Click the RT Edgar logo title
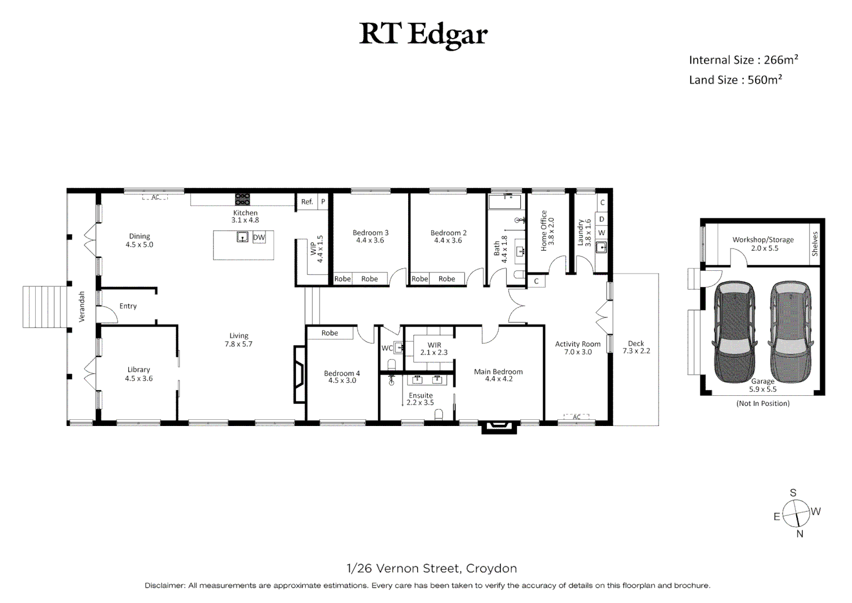(x=423, y=34)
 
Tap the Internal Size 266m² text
(x=743, y=60)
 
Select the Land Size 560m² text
(x=735, y=80)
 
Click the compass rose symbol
(x=796, y=513)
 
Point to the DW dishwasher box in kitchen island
(x=259, y=237)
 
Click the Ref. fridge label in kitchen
(x=307, y=202)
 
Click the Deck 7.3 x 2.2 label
(x=636, y=347)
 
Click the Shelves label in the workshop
(x=815, y=244)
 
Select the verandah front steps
(x=45, y=307)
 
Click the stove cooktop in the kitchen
(x=242, y=199)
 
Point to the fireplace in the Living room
(x=300, y=374)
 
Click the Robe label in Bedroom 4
(x=330, y=333)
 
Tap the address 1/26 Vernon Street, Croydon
(x=432, y=568)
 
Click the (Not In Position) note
(x=762, y=403)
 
